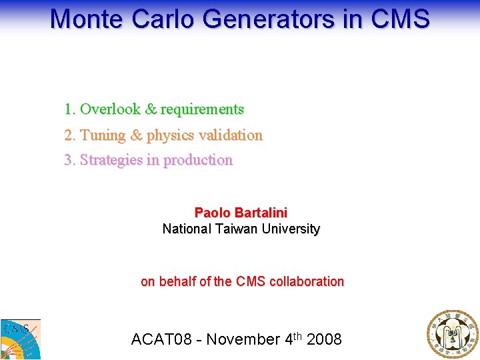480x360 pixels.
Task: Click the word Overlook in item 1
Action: tap(110, 109)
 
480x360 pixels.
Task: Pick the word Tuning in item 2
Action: tap(103, 135)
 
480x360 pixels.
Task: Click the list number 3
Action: tap(68, 160)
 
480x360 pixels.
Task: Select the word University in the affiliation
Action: tap(291, 229)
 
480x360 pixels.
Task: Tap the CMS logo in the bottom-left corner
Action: tap(20, 339)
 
